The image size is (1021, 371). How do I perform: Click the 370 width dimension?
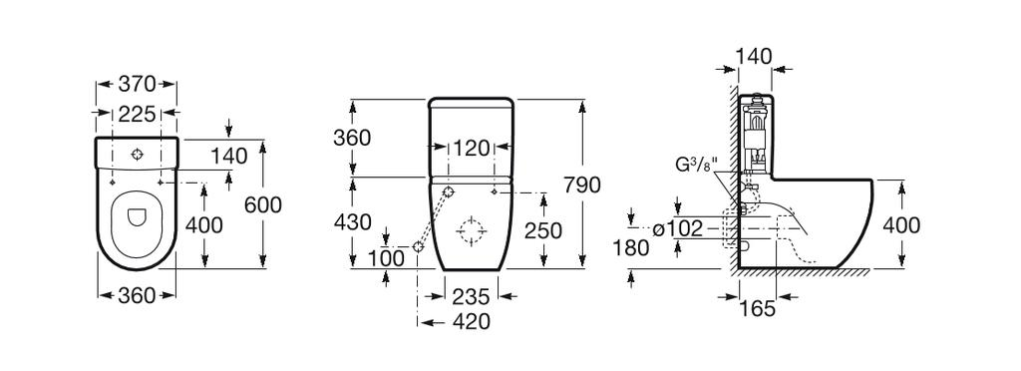click(137, 87)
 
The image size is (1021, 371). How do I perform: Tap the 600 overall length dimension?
click(262, 204)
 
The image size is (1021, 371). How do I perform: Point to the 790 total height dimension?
click(582, 185)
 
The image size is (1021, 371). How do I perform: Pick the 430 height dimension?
click(352, 222)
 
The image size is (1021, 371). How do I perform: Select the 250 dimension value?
click(542, 230)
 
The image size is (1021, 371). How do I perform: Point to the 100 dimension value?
click(387, 258)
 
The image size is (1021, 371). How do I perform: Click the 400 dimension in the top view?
click(203, 225)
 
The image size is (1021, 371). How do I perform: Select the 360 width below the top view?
click(137, 296)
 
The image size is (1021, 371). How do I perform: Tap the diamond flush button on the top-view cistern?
click(138, 156)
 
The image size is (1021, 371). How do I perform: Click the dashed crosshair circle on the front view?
click(471, 231)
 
